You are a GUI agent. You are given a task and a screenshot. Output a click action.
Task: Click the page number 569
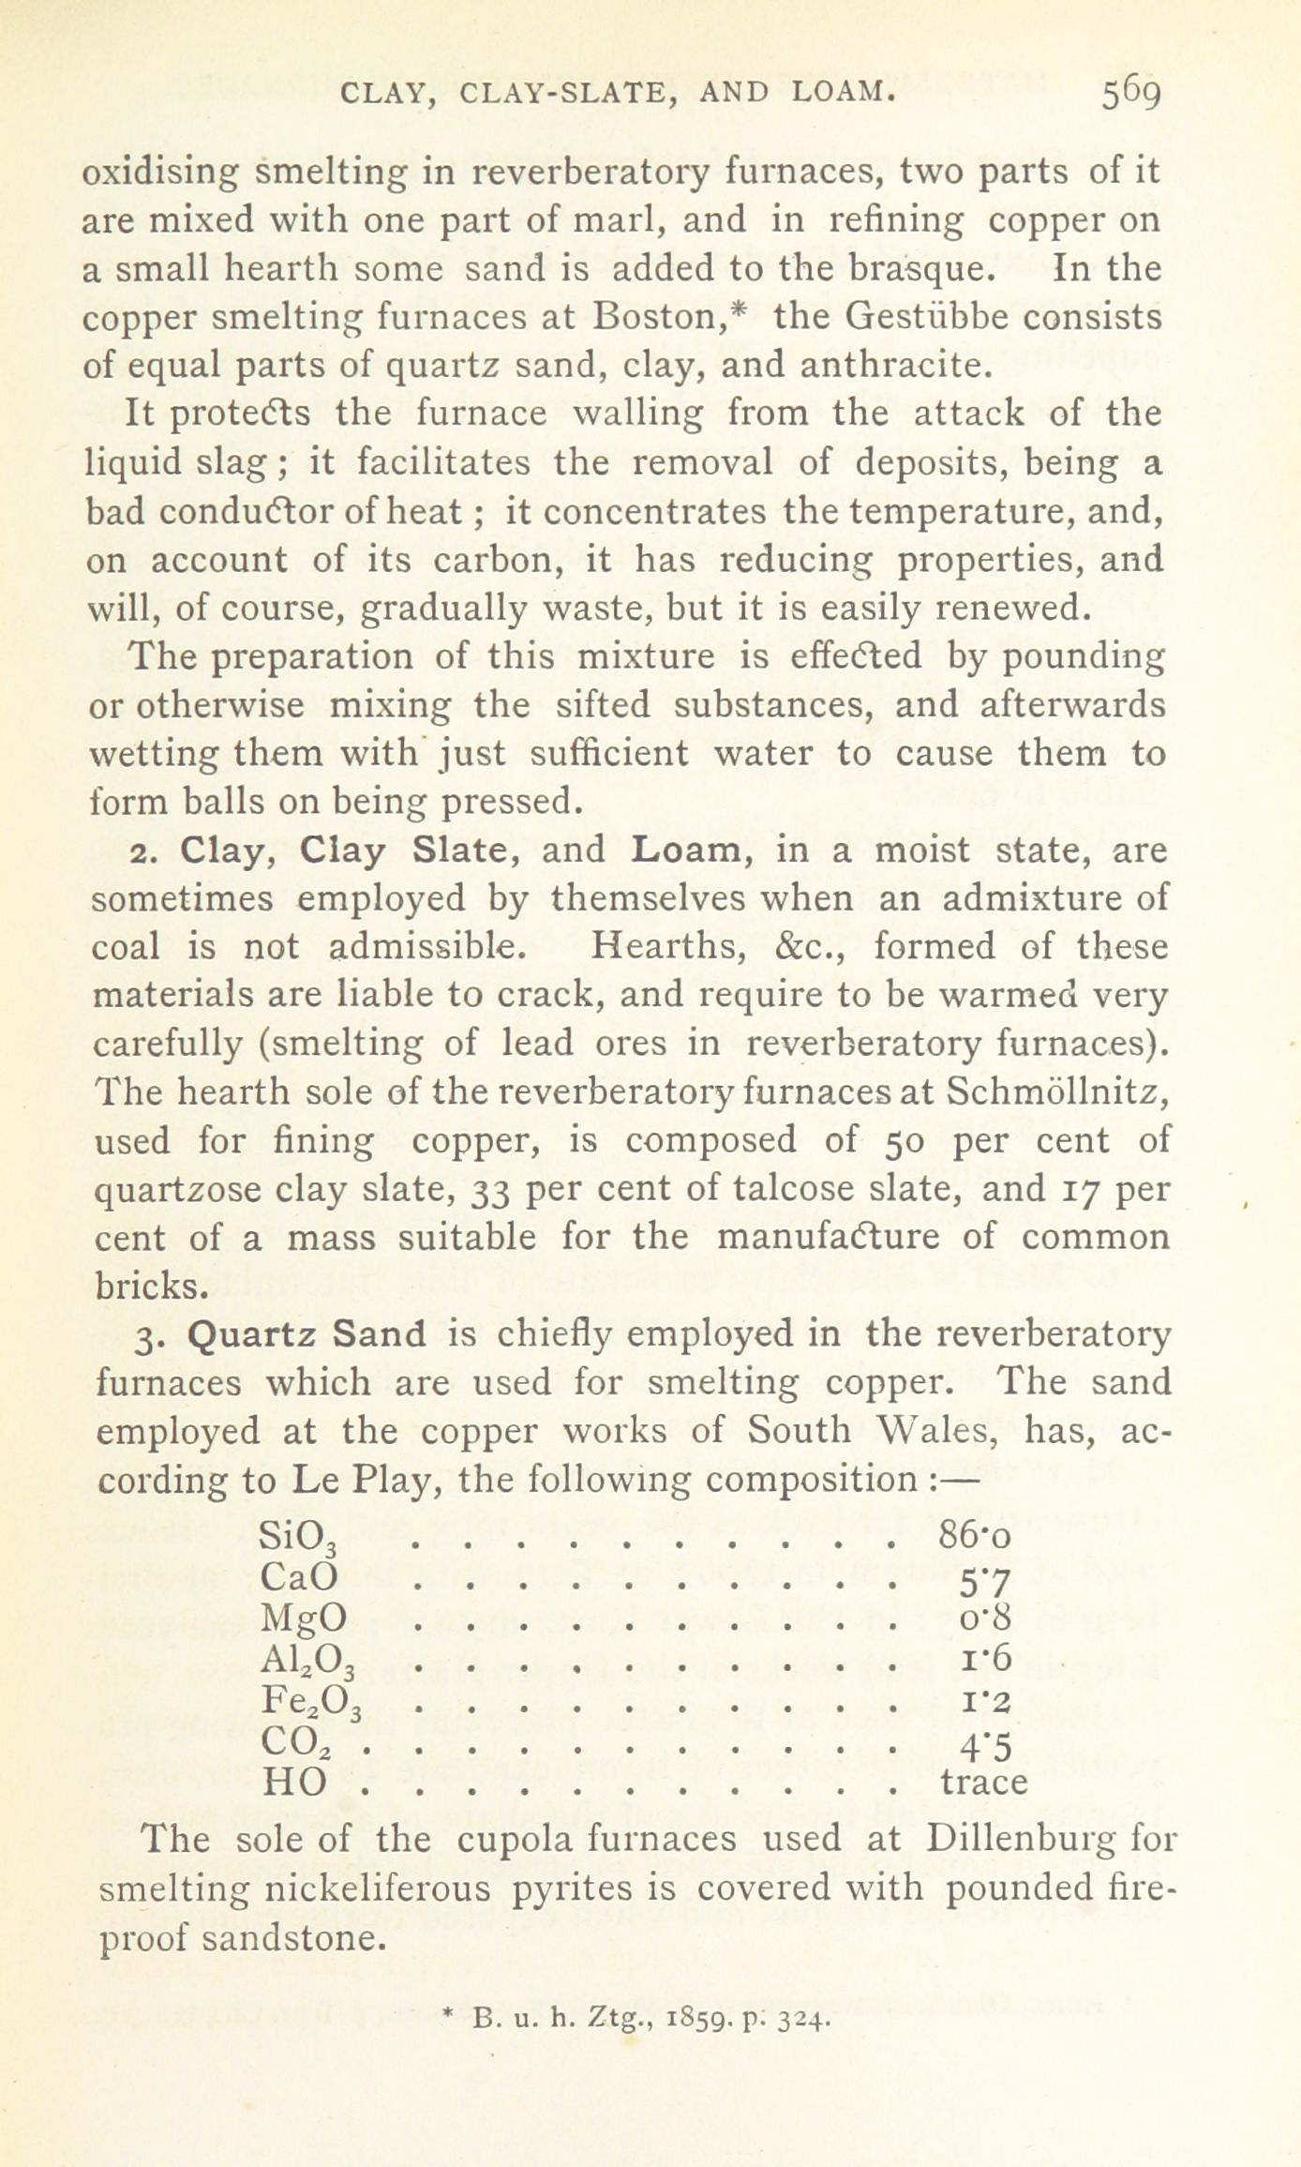point(1131,94)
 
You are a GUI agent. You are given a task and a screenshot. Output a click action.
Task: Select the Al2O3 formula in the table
point(307,1663)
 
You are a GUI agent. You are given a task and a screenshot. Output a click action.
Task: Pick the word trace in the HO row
point(983,1782)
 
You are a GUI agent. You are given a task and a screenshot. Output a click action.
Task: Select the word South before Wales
point(799,1432)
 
